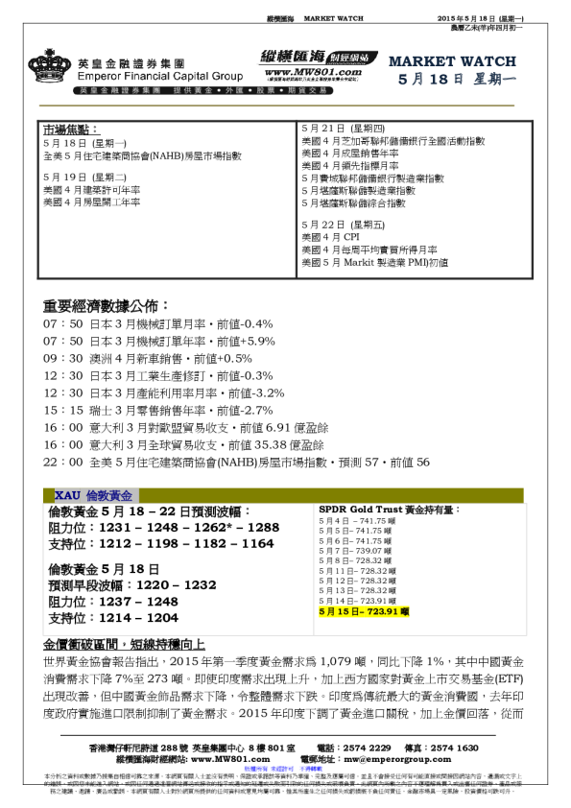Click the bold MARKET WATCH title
click(440, 61)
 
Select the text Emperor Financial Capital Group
click(144, 76)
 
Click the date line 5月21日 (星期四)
click(337, 128)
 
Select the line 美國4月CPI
click(332, 236)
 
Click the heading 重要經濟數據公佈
click(106, 306)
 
